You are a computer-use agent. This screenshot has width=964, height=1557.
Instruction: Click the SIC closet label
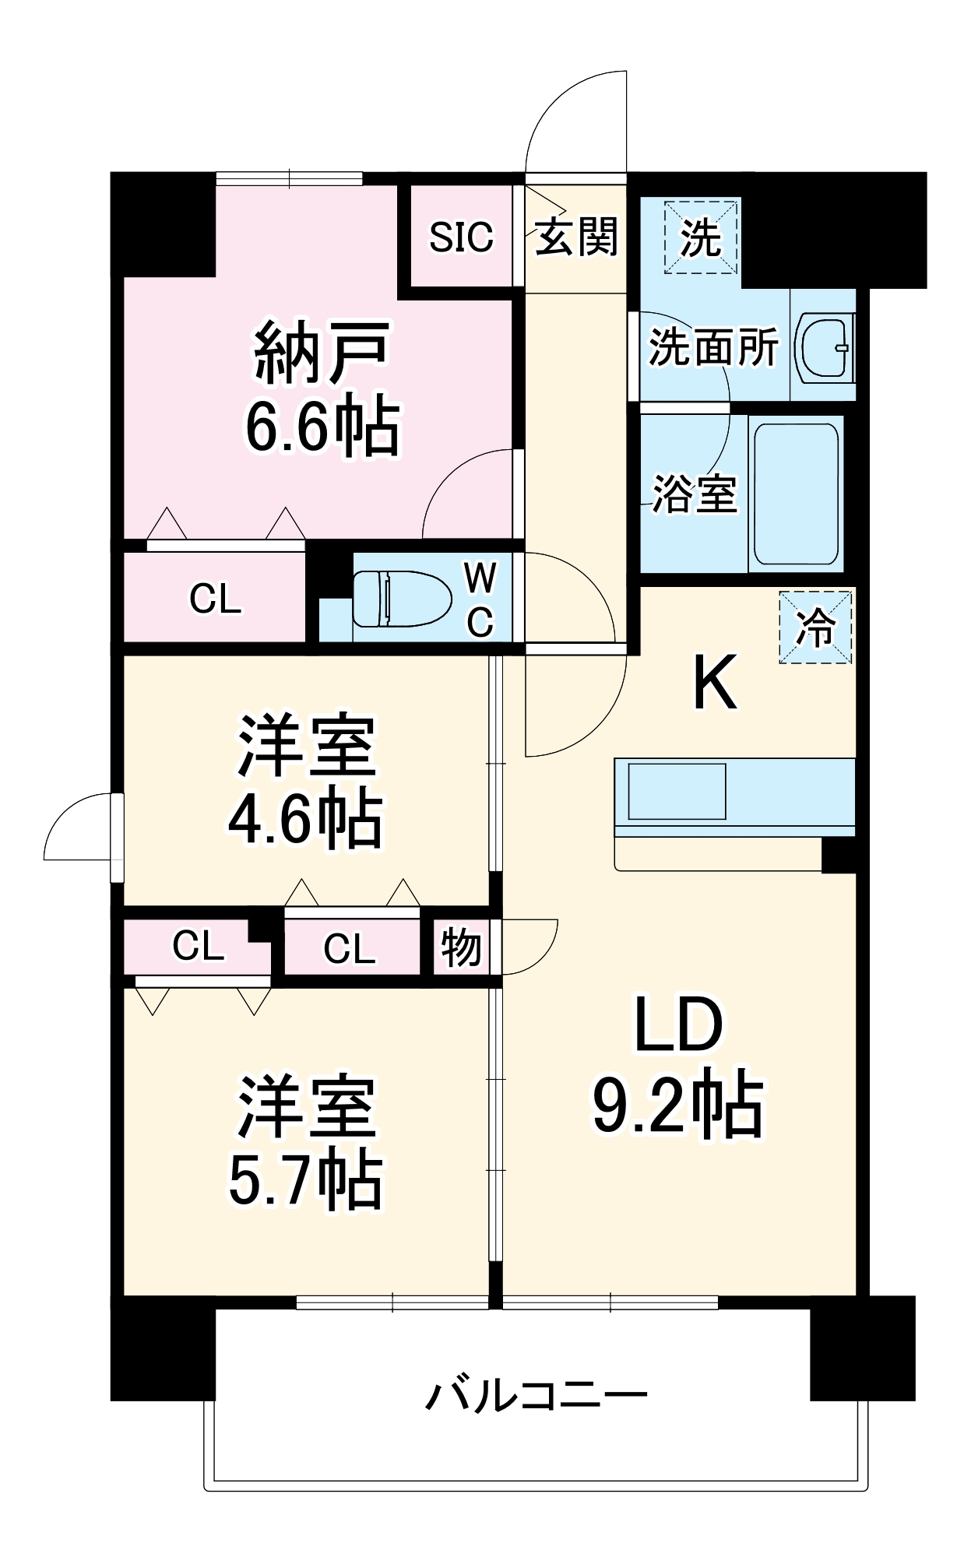[x=461, y=237]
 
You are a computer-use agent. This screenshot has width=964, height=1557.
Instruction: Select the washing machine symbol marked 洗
[x=700, y=237]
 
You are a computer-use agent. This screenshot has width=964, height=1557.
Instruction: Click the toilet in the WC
[x=402, y=599]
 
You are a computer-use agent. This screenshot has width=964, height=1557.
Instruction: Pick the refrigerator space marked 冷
[x=815, y=627]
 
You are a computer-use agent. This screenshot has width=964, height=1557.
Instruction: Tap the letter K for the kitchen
[x=714, y=683]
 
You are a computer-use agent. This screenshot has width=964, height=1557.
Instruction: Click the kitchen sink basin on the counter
[x=677, y=791]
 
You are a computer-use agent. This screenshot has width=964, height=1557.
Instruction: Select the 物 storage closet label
[x=461, y=947]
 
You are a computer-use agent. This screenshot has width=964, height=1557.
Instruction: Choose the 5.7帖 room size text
[x=304, y=1180]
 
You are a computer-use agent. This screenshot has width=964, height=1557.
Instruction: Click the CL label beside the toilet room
[x=215, y=599]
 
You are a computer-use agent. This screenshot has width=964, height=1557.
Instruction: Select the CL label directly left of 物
[x=350, y=948]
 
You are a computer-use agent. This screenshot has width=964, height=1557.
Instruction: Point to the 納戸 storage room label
[x=322, y=353]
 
